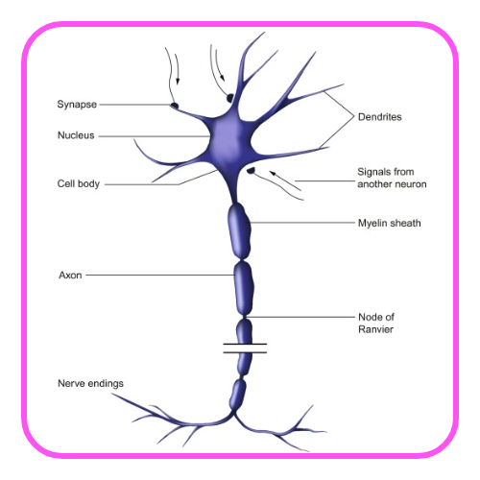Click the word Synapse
pyautogui.click(x=77, y=105)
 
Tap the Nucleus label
pyautogui.click(x=76, y=135)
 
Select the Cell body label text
pyautogui.click(x=79, y=183)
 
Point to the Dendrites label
pyautogui.click(x=380, y=117)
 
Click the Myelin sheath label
pyautogui.click(x=390, y=223)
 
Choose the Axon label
pyautogui.click(x=70, y=276)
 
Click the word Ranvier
pyautogui.click(x=376, y=329)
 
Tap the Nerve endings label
pyautogui.click(x=90, y=383)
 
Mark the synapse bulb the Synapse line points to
pyautogui.click(x=174, y=106)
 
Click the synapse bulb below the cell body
pyautogui.click(x=251, y=171)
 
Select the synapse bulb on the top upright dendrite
pyautogui.click(x=230, y=98)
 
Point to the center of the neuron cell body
pyautogui.click(x=228, y=141)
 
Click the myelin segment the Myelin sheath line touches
pyautogui.click(x=239, y=230)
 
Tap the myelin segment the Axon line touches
pyautogui.click(x=244, y=288)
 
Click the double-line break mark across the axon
pyautogui.click(x=245, y=348)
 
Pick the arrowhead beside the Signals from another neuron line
pyautogui.click(x=273, y=174)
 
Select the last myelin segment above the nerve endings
pyautogui.click(x=238, y=395)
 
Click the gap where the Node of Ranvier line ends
pyautogui.click(x=245, y=317)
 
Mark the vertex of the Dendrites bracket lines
pyautogui.click(x=354, y=116)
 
